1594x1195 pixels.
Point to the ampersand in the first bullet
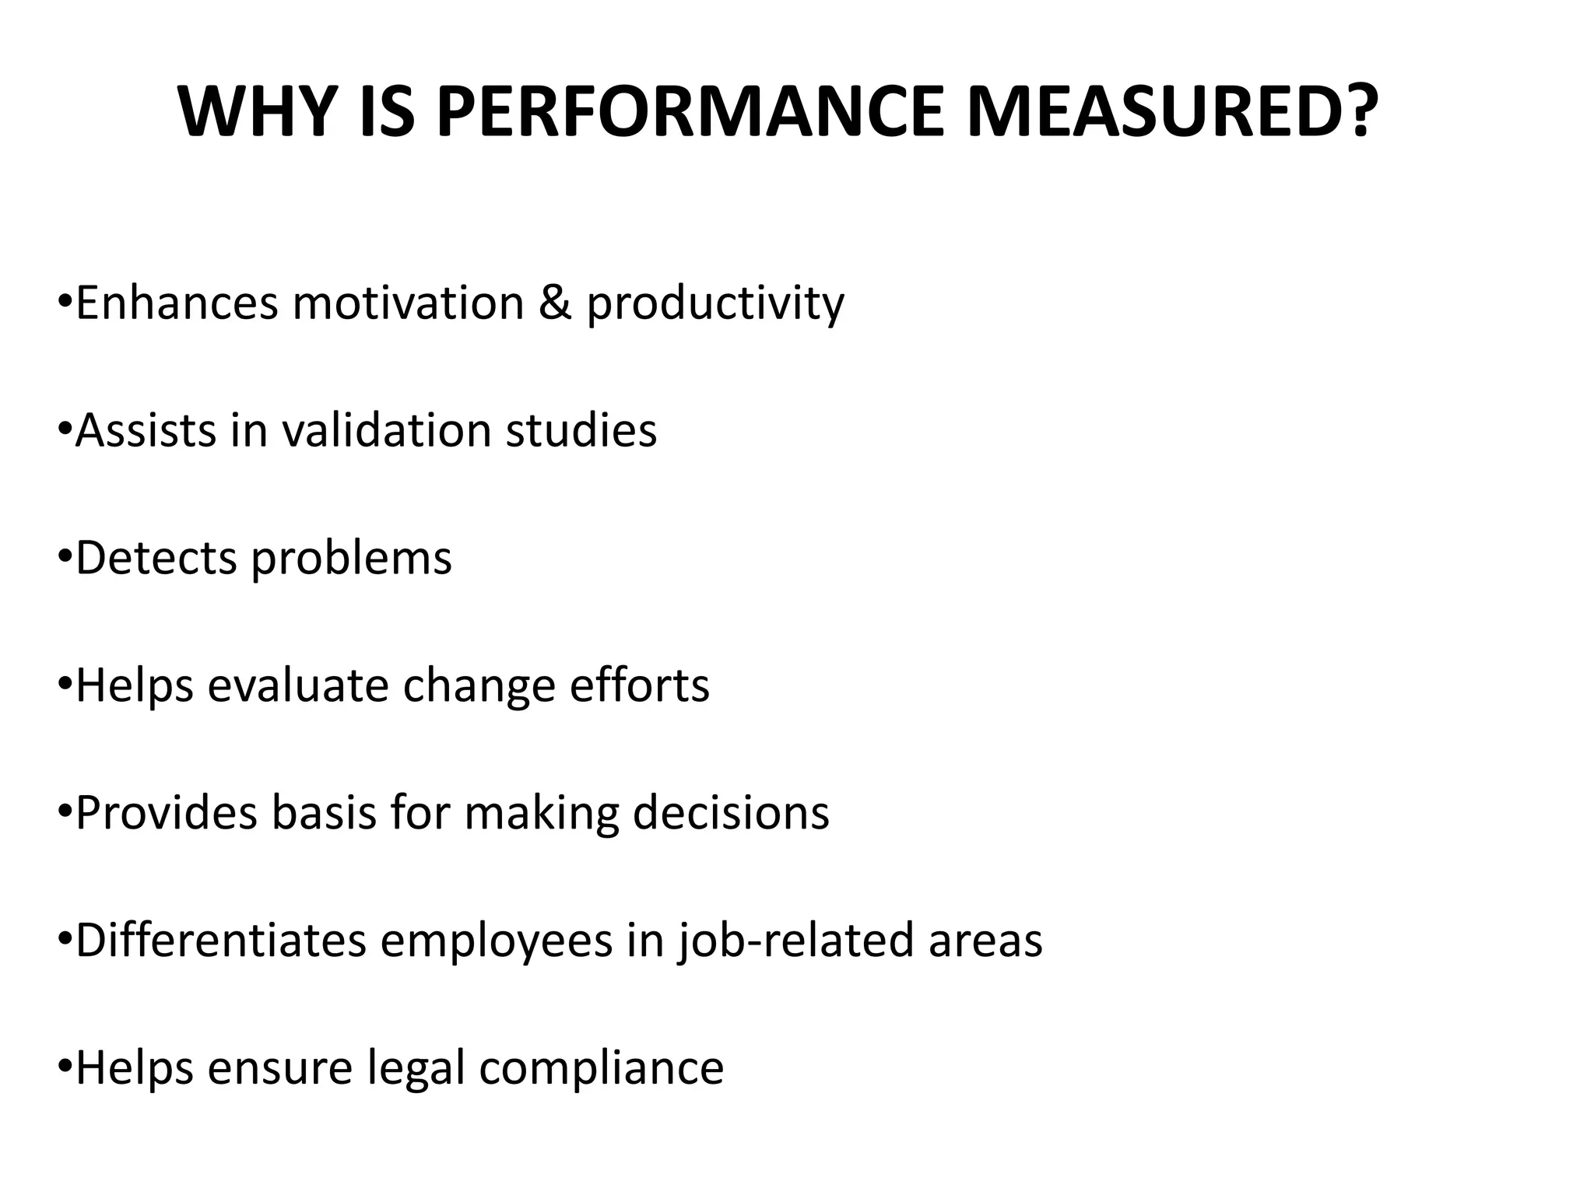click(555, 303)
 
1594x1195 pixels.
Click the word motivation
click(408, 303)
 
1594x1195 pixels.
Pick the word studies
click(581, 430)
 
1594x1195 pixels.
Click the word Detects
click(156, 558)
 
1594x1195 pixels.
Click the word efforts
click(639, 685)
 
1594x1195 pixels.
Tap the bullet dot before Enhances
click(65, 300)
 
